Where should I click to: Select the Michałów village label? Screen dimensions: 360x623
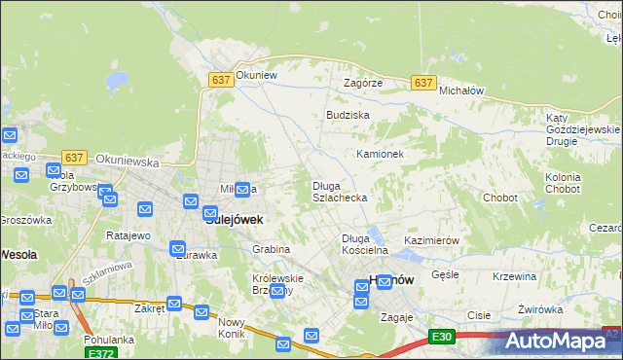461,90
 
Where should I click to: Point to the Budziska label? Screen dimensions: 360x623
348,115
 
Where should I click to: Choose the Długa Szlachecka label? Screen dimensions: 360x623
339,192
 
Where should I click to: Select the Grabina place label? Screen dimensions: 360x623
272,249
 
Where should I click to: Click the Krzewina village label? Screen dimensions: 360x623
515,276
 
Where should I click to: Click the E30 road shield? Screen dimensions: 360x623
443,337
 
